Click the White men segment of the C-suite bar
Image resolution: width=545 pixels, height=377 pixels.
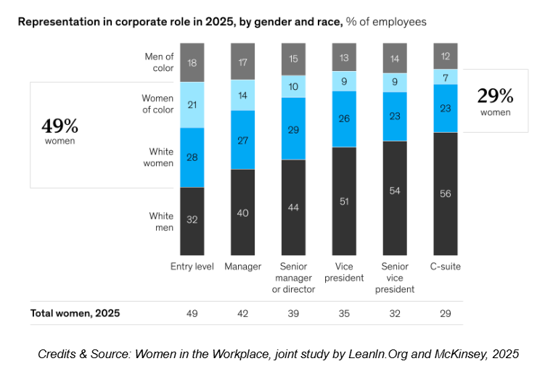point(446,194)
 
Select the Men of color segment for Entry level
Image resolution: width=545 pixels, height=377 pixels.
point(192,62)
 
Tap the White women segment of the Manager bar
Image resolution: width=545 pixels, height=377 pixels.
point(242,140)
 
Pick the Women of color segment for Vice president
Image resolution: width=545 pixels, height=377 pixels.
point(344,81)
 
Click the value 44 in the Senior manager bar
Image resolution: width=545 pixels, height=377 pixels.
point(293,207)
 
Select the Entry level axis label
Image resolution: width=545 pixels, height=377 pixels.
point(192,266)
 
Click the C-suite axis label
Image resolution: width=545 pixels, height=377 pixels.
point(446,266)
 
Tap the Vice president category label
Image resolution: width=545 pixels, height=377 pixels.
point(344,272)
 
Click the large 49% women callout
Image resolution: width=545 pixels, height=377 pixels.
point(60,130)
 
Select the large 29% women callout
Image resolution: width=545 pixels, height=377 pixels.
point(495,101)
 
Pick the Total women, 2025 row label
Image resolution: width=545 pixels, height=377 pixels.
point(75,313)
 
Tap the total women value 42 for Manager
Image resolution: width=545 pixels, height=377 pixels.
point(242,313)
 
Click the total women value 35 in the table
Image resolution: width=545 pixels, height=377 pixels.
point(344,313)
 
